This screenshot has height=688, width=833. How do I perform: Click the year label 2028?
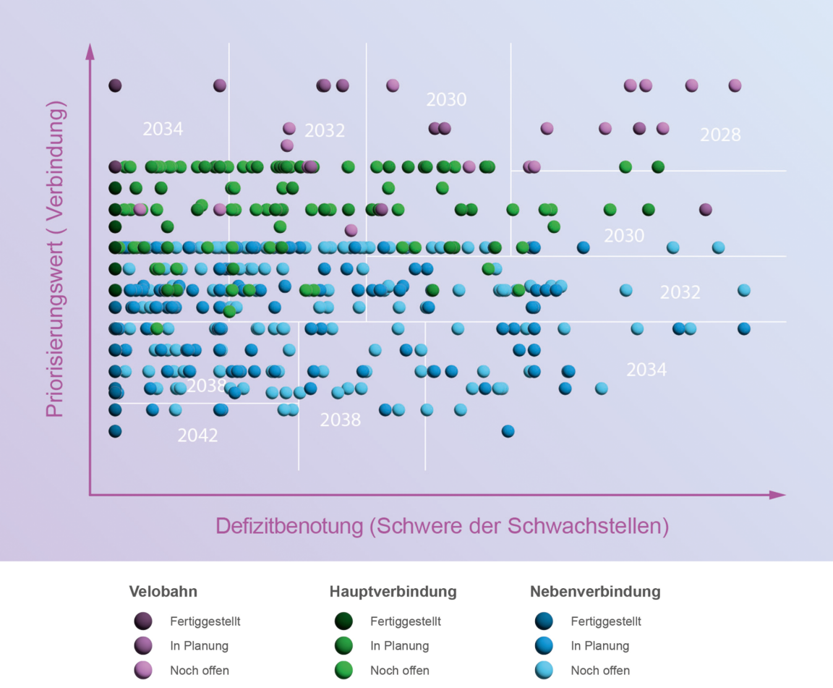click(x=720, y=135)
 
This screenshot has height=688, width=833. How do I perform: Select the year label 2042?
click(x=197, y=436)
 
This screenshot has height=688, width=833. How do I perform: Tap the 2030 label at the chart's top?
click(x=446, y=99)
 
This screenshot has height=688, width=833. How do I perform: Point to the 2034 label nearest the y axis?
click(x=163, y=129)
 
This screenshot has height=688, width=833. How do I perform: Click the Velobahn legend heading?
click(x=163, y=591)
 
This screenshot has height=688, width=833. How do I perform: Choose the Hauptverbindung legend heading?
click(x=393, y=591)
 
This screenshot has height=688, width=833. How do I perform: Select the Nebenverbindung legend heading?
click(x=595, y=591)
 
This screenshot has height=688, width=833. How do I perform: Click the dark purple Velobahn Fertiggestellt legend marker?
click(x=143, y=621)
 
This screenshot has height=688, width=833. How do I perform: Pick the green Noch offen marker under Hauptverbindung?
click(x=343, y=670)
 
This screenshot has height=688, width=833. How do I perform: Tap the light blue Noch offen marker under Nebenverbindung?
click(x=544, y=670)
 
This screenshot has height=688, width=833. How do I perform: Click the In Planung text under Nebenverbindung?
click(x=599, y=645)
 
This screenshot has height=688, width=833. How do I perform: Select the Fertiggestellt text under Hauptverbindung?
click(x=405, y=621)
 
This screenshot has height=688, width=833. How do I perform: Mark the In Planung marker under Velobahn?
click(x=143, y=645)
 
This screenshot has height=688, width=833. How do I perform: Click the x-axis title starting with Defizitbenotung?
click(x=442, y=526)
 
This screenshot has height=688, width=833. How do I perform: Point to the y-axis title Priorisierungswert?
click(x=56, y=258)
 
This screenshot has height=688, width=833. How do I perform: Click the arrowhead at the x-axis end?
click(x=778, y=495)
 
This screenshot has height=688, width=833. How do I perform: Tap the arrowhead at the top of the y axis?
click(x=90, y=51)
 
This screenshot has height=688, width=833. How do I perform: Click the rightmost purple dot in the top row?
click(x=735, y=85)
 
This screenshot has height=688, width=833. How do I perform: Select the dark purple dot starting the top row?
click(x=115, y=85)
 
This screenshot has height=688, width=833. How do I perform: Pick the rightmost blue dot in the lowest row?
click(x=508, y=431)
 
